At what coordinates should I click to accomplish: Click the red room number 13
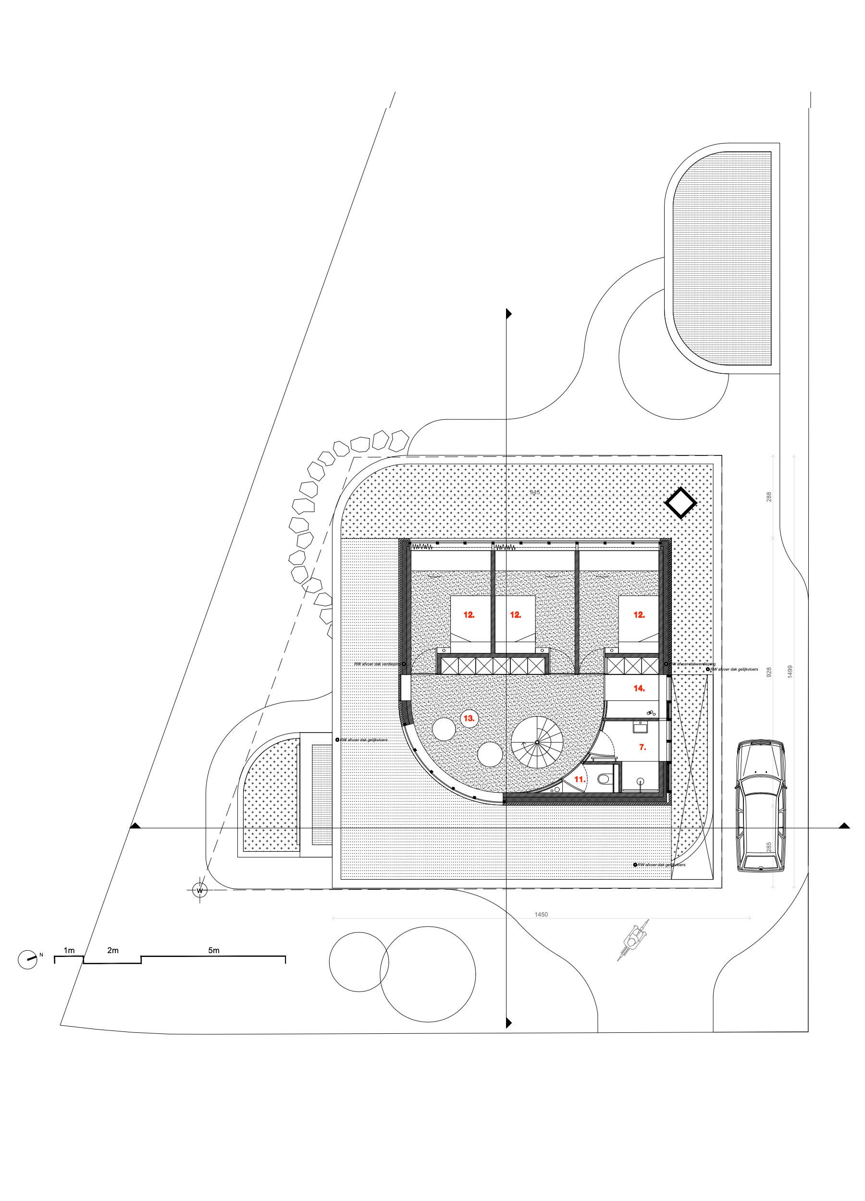(x=469, y=719)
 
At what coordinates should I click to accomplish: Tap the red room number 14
(x=639, y=688)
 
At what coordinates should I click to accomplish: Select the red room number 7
(x=643, y=747)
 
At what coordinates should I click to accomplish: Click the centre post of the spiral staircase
(x=537, y=742)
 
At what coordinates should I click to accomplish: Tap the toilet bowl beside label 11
(x=603, y=778)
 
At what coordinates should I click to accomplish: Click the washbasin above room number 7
(x=640, y=726)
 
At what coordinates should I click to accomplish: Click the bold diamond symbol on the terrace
(x=680, y=503)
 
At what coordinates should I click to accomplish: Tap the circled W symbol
(x=200, y=891)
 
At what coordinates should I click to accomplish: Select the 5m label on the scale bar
(x=213, y=951)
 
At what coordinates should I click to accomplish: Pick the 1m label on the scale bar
(x=69, y=951)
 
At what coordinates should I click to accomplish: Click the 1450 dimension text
(x=541, y=915)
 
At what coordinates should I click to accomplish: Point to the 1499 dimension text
(x=790, y=672)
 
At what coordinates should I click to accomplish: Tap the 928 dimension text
(x=769, y=672)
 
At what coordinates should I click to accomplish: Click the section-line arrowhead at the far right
(x=844, y=825)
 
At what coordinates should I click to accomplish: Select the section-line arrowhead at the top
(x=509, y=314)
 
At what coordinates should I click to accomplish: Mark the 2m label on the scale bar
(x=113, y=951)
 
